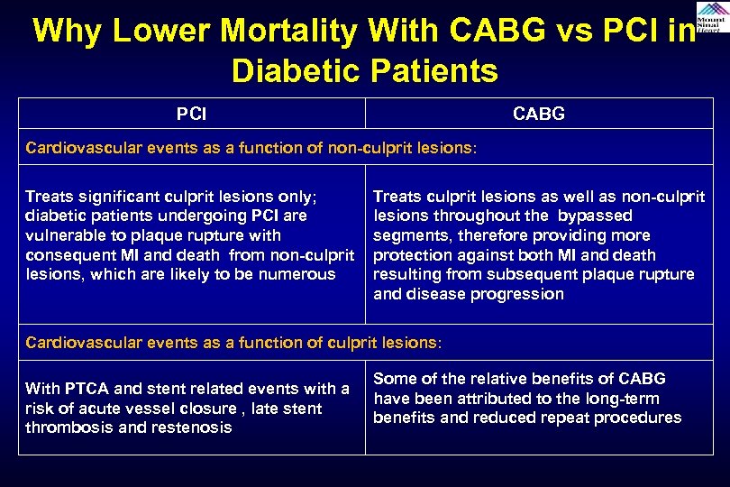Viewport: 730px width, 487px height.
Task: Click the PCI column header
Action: pos(191,115)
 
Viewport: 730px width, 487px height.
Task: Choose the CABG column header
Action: pos(538,115)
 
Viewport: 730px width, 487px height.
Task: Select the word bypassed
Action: pos(594,216)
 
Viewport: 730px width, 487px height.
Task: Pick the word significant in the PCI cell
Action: pos(114,197)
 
